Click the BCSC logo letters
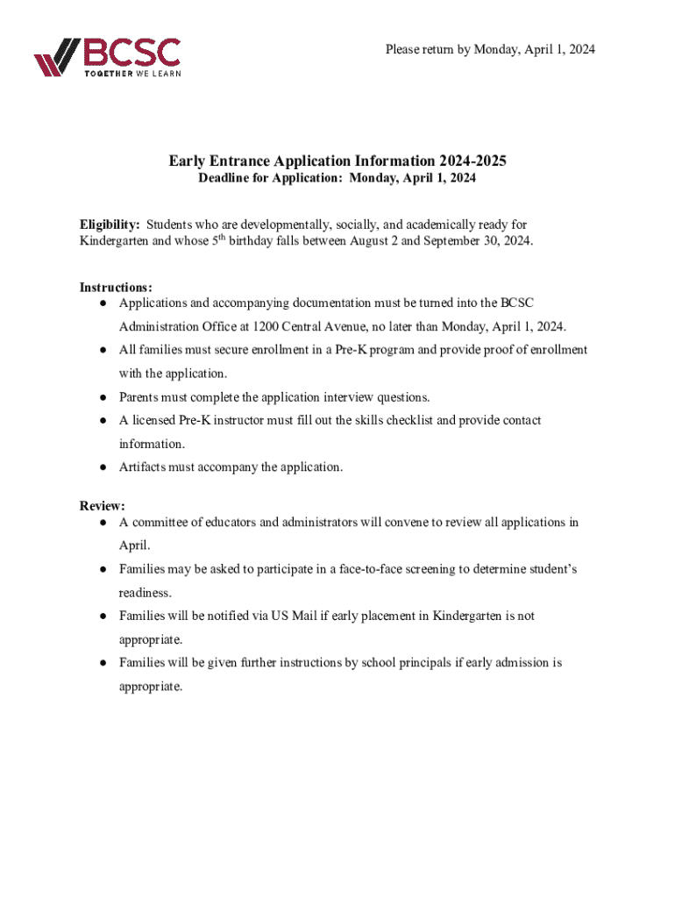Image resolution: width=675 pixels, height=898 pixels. click(131, 52)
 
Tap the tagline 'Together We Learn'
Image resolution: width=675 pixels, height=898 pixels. click(132, 74)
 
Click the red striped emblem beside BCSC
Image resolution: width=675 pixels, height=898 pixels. click(58, 59)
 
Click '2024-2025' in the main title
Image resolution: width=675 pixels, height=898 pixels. click(471, 161)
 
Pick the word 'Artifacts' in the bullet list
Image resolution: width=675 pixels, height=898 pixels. click(144, 467)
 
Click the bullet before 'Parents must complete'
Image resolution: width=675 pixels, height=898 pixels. click(103, 397)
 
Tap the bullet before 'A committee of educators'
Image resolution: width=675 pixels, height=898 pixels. click(103, 523)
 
